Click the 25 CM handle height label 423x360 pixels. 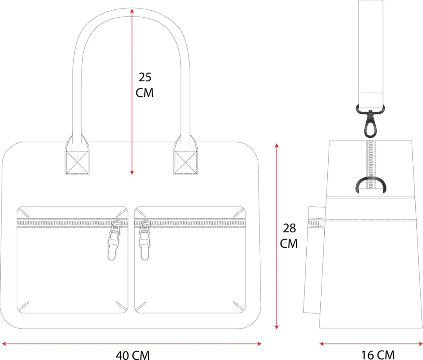145,85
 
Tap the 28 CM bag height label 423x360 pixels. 289,236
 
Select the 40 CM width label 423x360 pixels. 132,355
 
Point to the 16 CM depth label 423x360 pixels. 378,355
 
